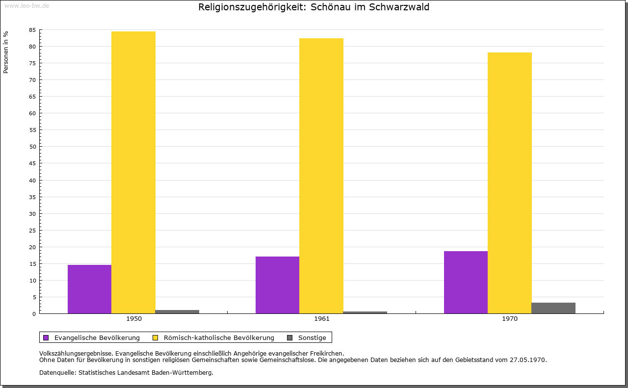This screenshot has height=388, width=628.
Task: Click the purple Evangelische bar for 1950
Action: point(89,289)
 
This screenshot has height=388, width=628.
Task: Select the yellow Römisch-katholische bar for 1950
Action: point(133,172)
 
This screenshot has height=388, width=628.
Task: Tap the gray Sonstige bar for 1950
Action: point(177,311)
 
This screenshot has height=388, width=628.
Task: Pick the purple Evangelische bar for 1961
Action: point(277,285)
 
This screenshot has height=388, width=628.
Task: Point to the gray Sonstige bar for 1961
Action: point(365,312)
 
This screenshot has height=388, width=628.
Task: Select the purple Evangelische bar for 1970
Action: point(466,282)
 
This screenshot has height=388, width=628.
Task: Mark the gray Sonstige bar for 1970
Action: point(553,308)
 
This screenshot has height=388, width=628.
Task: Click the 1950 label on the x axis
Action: point(134,319)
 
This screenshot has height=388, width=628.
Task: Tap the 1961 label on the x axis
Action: point(322,319)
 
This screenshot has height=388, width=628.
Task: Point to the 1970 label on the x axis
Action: point(510,319)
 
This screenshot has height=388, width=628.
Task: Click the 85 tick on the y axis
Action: point(32,30)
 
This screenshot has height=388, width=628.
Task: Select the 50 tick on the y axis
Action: point(32,147)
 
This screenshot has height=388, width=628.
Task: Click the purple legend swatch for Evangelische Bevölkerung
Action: point(46,337)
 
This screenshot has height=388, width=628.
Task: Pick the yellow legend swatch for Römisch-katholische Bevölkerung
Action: point(156,337)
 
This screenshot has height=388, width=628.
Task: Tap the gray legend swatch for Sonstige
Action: point(290,337)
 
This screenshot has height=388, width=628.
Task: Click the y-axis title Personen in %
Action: point(6,52)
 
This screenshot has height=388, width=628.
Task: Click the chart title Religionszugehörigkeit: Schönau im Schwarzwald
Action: point(314,7)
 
